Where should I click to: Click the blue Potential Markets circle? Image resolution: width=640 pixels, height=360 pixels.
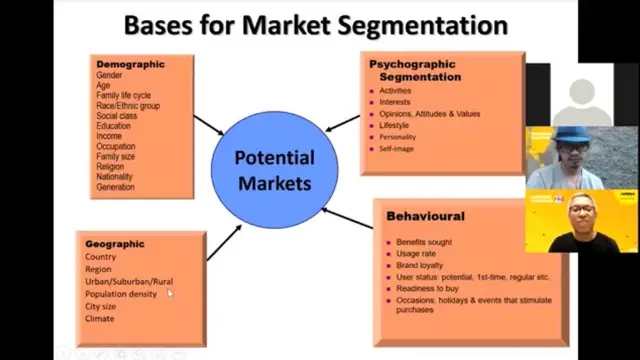click(x=273, y=171)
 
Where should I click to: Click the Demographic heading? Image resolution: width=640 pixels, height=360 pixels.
click(x=130, y=64)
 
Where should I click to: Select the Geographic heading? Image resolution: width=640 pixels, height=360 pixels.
click(x=115, y=243)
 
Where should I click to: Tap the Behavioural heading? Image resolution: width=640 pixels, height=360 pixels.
click(x=425, y=216)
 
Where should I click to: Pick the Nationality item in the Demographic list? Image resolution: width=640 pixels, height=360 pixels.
click(x=114, y=177)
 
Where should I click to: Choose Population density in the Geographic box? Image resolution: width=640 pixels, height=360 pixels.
click(x=121, y=294)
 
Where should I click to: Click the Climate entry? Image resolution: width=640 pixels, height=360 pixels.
click(x=100, y=319)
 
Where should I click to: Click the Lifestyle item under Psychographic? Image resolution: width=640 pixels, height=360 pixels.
click(x=395, y=126)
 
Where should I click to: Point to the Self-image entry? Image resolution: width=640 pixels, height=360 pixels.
click(x=396, y=149)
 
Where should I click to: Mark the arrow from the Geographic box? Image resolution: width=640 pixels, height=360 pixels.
click(x=223, y=242)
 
